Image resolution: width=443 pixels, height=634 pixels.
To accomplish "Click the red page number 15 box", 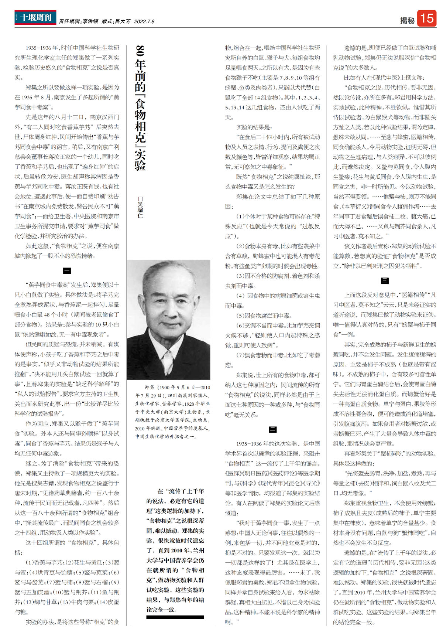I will [427, 18].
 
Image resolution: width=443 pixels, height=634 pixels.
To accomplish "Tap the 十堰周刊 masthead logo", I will [35, 17].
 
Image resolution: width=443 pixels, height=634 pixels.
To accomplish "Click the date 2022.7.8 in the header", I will [144, 21].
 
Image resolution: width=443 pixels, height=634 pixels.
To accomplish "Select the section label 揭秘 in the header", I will [407, 21].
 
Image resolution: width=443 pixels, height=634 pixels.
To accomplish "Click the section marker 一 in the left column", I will [67, 270].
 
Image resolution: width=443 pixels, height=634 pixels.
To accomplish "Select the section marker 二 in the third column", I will [272, 429].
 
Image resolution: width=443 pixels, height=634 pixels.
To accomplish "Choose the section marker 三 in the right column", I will [385, 281].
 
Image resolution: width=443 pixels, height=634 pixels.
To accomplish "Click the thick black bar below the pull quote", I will [175, 617].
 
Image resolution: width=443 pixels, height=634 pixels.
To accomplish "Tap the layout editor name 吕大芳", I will [123, 21].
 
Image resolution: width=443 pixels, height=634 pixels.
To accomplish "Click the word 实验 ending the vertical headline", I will [140, 159].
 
